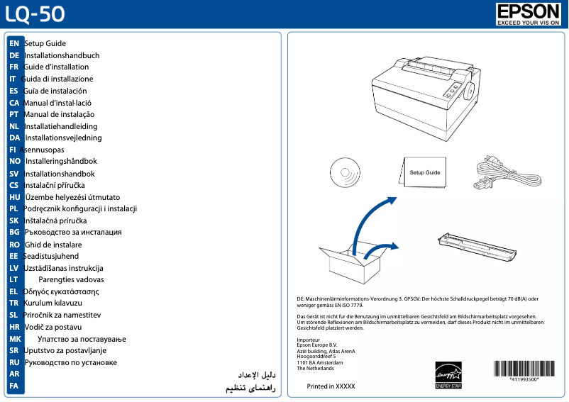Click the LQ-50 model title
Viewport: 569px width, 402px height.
32,14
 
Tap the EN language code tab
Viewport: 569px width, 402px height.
14,44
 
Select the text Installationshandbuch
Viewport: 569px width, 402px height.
62,55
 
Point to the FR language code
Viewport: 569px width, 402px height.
14,67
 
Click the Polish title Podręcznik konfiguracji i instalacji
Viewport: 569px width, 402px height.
80,208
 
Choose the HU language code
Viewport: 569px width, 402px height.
14,196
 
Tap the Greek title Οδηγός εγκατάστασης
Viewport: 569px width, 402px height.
61,291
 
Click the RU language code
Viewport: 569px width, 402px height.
14,362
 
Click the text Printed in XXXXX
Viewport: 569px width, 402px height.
331,386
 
